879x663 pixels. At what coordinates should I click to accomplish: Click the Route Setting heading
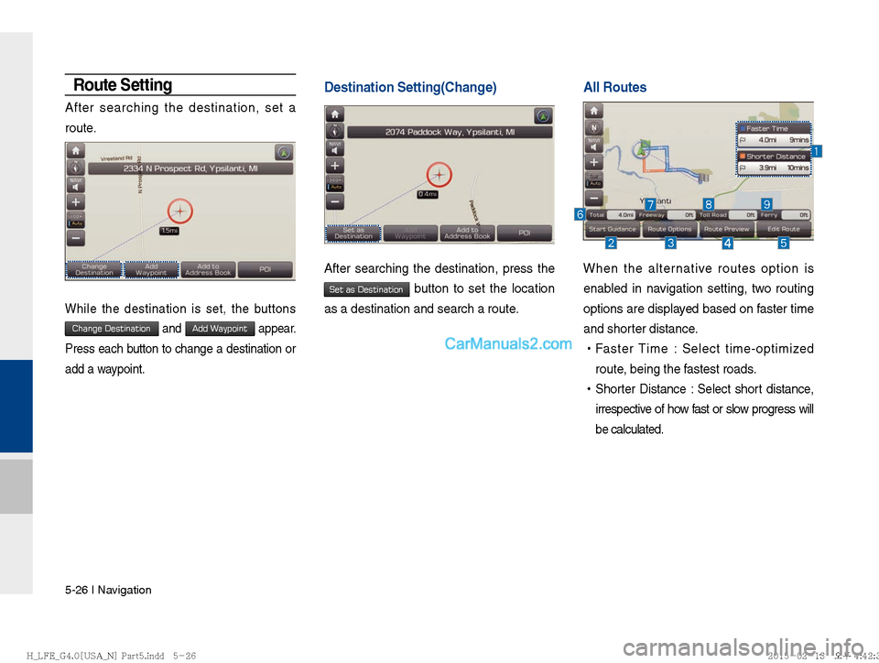click(x=123, y=85)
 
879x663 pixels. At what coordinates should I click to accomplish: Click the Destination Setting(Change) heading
click(x=410, y=88)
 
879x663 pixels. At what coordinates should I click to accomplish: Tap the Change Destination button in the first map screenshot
click(x=94, y=269)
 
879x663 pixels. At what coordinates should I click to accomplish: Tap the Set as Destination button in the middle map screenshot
click(x=353, y=233)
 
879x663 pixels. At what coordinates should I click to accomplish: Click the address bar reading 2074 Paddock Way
click(x=450, y=132)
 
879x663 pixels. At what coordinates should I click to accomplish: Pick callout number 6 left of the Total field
click(x=580, y=213)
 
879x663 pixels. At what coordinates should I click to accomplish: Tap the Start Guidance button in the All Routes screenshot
click(x=613, y=229)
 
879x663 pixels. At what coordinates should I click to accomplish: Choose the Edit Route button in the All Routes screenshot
click(x=784, y=229)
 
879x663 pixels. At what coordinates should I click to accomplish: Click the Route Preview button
click(x=726, y=229)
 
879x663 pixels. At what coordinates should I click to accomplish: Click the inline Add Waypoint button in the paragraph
click(x=220, y=329)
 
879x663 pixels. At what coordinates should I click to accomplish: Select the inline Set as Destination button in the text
click(x=366, y=289)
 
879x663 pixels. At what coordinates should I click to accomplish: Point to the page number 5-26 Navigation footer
click(x=108, y=590)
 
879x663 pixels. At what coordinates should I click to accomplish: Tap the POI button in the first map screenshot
click(x=265, y=269)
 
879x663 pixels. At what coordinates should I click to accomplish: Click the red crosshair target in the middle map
click(x=440, y=175)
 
